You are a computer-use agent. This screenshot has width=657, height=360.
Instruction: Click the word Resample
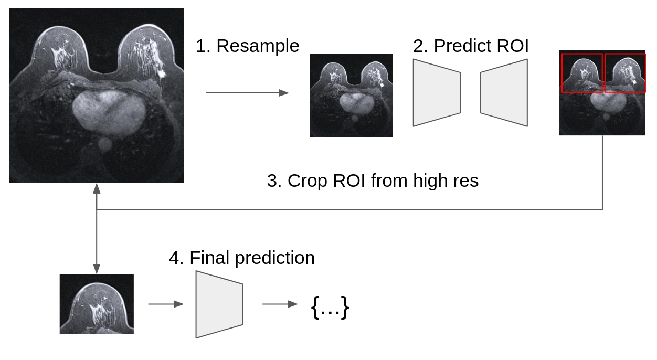click(x=258, y=46)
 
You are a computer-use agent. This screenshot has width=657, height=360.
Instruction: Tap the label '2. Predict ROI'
click(x=471, y=46)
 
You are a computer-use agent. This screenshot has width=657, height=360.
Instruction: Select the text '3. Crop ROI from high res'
click(x=373, y=181)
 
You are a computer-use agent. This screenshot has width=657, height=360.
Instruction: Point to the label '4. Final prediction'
click(x=242, y=258)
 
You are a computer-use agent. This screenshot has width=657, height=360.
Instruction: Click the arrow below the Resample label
click(x=247, y=93)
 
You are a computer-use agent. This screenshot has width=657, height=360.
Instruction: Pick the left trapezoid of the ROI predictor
click(x=436, y=92)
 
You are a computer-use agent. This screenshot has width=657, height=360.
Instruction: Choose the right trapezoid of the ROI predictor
click(x=504, y=92)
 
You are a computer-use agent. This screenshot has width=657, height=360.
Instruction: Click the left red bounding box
click(x=582, y=73)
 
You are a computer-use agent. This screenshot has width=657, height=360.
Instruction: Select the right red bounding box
click(x=625, y=73)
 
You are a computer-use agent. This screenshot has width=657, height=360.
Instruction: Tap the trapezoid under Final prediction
click(x=219, y=304)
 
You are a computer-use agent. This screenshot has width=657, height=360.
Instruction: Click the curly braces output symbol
click(x=330, y=306)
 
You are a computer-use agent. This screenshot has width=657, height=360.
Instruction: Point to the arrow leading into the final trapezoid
click(x=166, y=304)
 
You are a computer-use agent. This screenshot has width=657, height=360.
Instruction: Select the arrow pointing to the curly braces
click(x=280, y=304)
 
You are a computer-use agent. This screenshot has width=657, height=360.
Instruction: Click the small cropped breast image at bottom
click(x=97, y=304)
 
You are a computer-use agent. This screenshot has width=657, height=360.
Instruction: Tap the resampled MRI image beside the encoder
click(x=351, y=96)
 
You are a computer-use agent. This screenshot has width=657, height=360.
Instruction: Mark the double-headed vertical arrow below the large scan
click(x=97, y=228)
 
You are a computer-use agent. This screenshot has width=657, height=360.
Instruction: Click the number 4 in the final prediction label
click(x=174, y=258)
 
